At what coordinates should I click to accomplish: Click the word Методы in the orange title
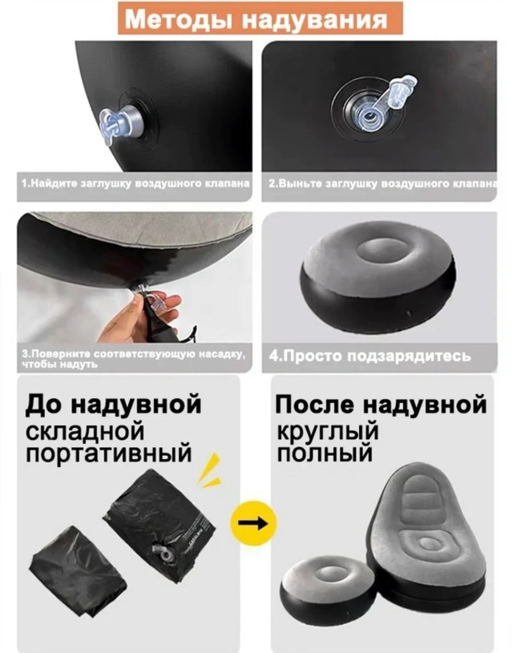point(181,18)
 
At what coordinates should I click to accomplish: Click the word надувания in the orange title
point(316,19)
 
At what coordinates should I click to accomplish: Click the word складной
point(85,432)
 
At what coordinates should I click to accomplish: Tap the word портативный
point(109,454)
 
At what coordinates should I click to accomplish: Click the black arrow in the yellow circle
point(255,523)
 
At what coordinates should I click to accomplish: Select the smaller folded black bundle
point(78,568)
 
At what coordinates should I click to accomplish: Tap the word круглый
point(328,431)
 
